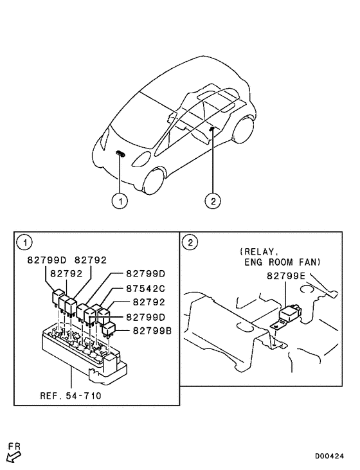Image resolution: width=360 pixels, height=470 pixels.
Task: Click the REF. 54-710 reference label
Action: (x=66, y=396)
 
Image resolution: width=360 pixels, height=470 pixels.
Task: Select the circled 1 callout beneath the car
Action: (x=120, y=201)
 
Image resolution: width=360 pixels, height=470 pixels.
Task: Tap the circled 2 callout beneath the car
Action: (x=212, y=201)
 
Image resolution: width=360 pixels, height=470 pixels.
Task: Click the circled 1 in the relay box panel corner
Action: (x=24, y=242)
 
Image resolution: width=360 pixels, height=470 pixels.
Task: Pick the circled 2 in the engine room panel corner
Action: (x=190, y=242)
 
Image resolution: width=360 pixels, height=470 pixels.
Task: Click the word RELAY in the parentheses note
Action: (x=257, y=251)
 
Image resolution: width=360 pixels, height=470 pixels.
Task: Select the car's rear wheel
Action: (x=242, y=131)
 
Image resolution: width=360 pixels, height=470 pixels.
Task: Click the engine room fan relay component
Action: (x=291, y=314)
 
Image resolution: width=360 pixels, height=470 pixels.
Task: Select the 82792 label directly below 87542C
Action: (x=145, y=302)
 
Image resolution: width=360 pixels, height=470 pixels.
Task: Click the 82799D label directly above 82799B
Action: (x=145, y=317)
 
